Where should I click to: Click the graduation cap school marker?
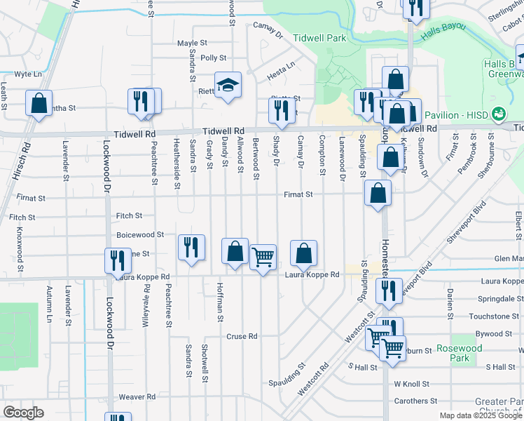point(228,86)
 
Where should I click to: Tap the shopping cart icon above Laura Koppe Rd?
point(263,257)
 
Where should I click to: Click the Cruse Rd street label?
point(241,336)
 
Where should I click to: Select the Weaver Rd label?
point(137,397)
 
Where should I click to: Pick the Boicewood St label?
point(140,234)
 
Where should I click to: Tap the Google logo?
point(24,412)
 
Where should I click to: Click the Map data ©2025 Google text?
point(481,415)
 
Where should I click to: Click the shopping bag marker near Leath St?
point(39,102)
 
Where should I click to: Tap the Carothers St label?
point(415,401)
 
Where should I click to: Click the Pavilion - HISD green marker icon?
point(499,113)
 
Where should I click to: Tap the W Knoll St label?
point(411,385)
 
